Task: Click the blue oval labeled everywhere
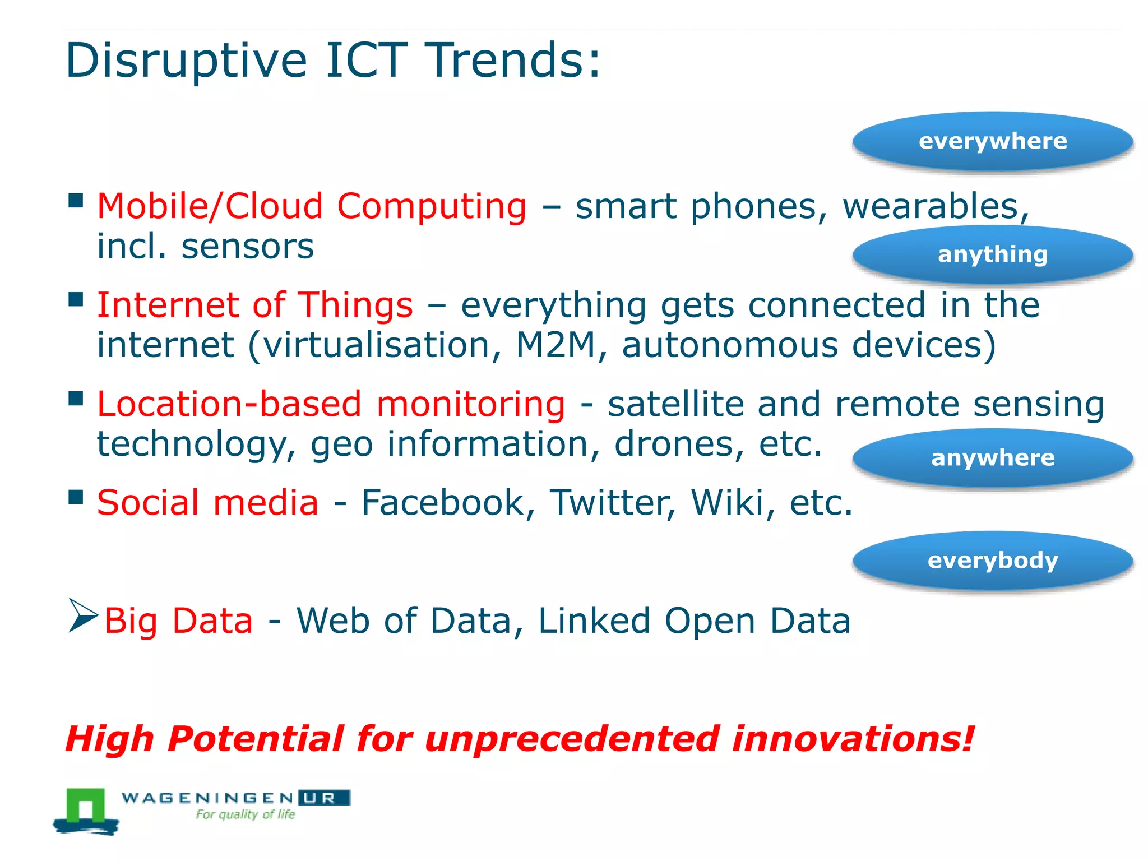993,141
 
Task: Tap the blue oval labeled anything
993,255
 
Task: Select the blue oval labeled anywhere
993,459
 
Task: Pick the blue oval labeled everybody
993,561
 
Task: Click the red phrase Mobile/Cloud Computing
312,207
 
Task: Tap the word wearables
935,206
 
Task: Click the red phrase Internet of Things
255,305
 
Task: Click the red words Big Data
178,621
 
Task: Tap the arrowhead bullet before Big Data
82,615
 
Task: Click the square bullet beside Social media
76,497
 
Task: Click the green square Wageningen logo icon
86,807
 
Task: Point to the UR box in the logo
324,798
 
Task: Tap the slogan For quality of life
245,814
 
